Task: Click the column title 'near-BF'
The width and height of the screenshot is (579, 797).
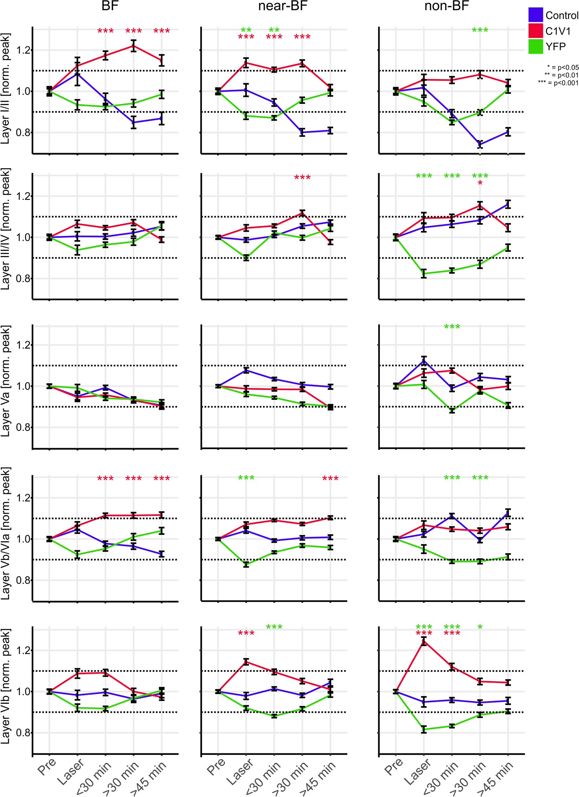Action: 283,6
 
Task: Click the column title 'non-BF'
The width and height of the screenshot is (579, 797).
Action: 446,6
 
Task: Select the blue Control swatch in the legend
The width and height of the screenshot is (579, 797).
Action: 535,15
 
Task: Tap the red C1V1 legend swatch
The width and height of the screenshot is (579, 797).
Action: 535,31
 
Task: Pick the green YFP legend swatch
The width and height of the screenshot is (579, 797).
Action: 535,46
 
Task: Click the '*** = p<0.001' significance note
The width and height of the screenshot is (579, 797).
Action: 558,83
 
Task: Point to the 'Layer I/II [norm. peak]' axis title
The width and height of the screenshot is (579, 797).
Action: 5,88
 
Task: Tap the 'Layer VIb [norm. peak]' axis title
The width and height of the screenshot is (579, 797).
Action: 5,686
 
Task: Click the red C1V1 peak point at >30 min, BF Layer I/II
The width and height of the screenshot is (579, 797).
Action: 134,46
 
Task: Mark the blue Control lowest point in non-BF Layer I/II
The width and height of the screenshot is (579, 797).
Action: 480,144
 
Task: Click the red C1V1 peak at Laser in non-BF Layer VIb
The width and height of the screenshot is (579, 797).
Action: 424,641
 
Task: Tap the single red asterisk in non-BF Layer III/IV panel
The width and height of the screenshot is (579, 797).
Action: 480,183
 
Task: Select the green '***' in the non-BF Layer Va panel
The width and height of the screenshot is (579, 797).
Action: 452,327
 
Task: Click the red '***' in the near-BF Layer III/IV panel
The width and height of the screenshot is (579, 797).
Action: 302,178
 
